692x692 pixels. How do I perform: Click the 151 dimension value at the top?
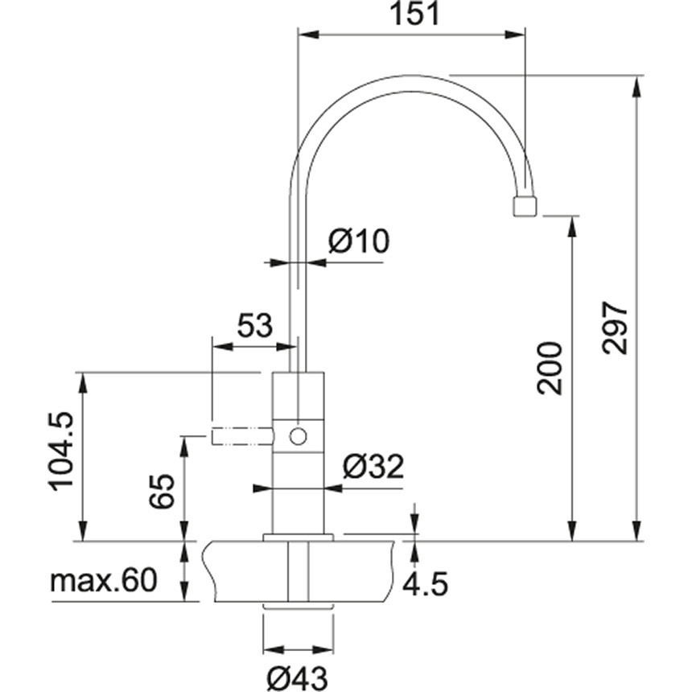click(415, 14)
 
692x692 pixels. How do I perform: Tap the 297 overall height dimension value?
click(615, 328)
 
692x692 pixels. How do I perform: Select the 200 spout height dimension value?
click(550, 369)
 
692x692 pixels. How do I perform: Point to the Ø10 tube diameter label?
click(359, 241)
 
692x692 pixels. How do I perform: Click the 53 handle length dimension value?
click(255, 326)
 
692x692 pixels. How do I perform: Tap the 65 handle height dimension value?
click(162, 491)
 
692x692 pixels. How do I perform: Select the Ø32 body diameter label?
click(373, 467)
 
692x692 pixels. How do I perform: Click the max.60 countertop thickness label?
click(104, 580)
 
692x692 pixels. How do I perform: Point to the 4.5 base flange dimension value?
click(426, 583)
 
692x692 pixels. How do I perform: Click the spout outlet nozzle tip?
click(525, 207)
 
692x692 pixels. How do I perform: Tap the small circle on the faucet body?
click(298, 436)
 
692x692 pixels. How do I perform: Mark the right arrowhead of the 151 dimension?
click(516, 35)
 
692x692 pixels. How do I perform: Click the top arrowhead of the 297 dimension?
click(636, 87)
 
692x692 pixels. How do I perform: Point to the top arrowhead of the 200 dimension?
click(572, 227)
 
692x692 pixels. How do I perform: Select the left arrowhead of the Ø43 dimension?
click(274, 649)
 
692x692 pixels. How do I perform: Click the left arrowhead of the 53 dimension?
click(222, 347)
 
